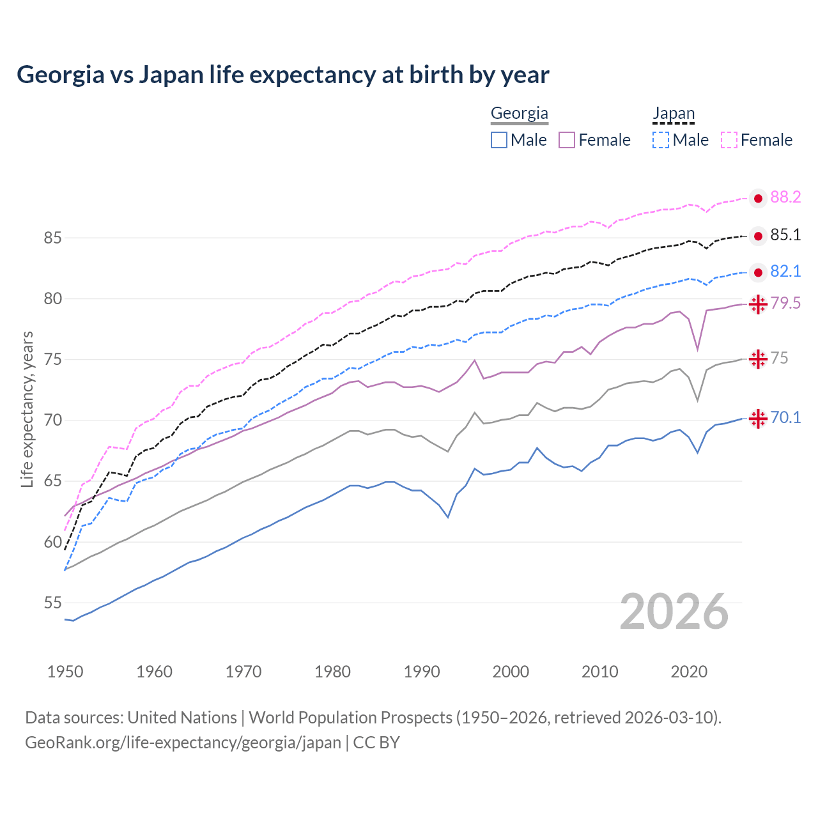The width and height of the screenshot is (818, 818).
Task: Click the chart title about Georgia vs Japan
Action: [282, 75]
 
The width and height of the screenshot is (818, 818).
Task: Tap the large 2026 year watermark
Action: [674, 612]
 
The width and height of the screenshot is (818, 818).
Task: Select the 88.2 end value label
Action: [785, 197]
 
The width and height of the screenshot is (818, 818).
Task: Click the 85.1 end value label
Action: [785, 235]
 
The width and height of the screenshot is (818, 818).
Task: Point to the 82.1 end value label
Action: [785, 272]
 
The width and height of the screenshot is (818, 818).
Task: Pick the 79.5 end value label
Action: [785, 304]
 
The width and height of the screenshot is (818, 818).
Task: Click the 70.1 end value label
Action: [785, 418]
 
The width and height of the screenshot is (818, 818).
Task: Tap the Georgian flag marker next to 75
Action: [758, 359]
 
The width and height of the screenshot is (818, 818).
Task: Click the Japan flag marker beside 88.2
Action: [758, 199]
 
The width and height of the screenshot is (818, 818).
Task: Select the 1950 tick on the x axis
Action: [65, 672]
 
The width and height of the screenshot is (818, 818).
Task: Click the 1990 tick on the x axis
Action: [422, 672]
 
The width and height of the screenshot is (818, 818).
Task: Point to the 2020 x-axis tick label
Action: [689, 672]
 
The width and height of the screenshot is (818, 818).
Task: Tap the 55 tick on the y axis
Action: [52, 603]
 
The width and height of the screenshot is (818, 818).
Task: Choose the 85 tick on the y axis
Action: [52, 238]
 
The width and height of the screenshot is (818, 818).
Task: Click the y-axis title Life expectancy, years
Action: [27, 409]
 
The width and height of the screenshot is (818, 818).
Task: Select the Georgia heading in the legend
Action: [519, 114]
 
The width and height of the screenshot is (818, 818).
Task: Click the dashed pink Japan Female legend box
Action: [729, 140]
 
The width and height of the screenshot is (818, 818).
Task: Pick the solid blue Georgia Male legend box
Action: [499, 140]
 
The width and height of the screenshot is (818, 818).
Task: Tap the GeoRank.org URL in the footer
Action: [183, 743]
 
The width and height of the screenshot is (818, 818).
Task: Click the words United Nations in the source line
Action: [182, 718]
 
